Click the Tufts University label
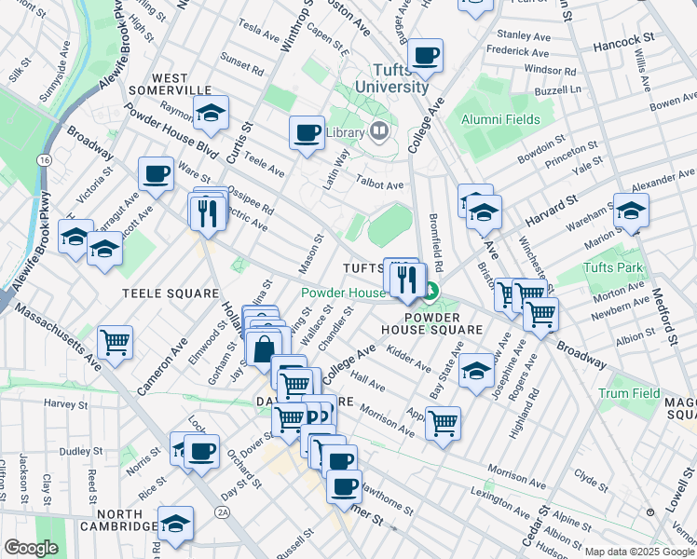401,78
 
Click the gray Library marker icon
379,131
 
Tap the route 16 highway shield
44,161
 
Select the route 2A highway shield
222,511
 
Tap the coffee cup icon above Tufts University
425,56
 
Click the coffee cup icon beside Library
307,132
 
